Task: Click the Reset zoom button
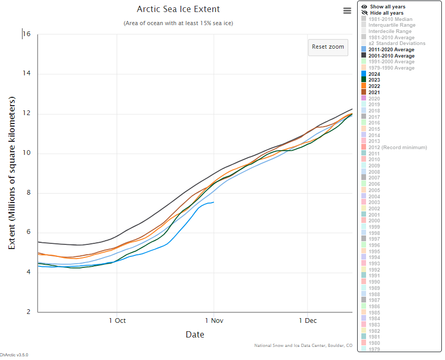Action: pos(328,47)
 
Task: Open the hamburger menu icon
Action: pos(347,10)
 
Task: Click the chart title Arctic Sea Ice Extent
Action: pos(178,9)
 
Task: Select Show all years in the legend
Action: pos(387,7)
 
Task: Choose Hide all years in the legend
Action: pos(387,13)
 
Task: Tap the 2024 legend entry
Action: pos(374,74)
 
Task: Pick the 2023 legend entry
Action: pos(374,80)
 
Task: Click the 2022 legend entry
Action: pos(374,86)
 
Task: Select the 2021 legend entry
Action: pos(374,93)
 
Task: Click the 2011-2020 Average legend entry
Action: pos(391,49)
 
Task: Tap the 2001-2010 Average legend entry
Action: pos(391,55)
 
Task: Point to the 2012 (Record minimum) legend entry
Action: pos(397,148)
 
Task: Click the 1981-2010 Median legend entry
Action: pos(390,19)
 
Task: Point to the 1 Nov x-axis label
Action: pos(213,321)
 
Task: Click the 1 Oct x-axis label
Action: pos(117,321)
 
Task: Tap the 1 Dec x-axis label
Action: pos(307,321)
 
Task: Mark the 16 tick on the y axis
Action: pos(27,35)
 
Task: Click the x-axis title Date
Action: pos(195,334)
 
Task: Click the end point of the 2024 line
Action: pos(213,202)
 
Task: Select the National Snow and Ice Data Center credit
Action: pos(303,345)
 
